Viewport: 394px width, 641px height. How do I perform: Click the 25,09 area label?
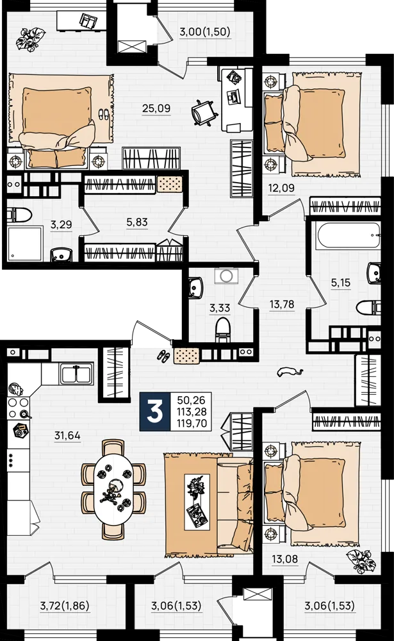click(156, 108)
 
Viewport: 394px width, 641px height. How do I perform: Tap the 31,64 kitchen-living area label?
click(67, 436)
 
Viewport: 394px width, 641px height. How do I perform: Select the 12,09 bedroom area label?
click(281, 188)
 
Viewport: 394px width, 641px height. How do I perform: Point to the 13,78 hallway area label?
click(282, 304)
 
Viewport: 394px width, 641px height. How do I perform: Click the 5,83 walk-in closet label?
click(137, 222)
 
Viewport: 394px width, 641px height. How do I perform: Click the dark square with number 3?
click(155, 412)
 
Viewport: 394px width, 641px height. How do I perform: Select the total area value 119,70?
click(192, 424)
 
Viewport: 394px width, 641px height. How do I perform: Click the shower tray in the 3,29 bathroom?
click(25, 244)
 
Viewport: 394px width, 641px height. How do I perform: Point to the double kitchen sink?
click(78, 373)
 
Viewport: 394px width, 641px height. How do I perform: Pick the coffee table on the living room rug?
click(198, 502)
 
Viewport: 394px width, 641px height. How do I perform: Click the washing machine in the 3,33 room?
click(226, 276)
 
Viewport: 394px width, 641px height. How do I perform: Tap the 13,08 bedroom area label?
click(285, 559)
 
